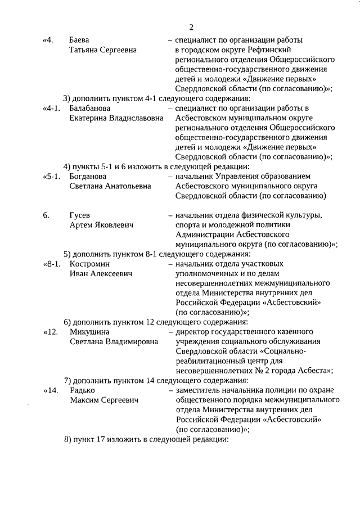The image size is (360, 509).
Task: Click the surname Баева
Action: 80,40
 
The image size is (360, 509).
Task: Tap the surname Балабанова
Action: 90,108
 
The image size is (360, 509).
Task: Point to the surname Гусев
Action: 80,215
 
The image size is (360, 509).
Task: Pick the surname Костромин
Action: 89,263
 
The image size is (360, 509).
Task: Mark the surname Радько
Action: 82,390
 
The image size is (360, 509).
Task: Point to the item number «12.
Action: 50,331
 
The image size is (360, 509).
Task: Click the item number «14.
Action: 50,390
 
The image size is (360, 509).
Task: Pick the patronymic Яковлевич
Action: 115,225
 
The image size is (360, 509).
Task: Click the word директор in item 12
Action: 192,331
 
